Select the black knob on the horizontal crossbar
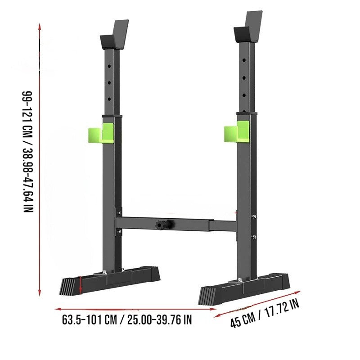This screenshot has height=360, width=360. pyautogui.click(x=161, y=224)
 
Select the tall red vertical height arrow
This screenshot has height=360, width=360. pyautogui.click(x=40, y=160)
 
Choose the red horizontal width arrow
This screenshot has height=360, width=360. pyautogui.click(x=135, y=310)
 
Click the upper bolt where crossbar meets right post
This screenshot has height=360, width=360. pyautogui.click(x=254, y=216)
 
